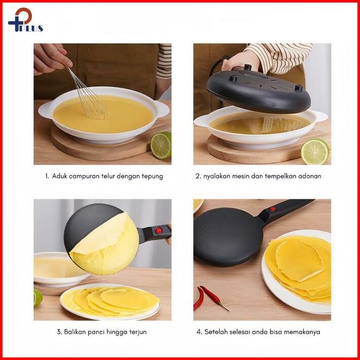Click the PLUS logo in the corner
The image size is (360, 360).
[25, 20]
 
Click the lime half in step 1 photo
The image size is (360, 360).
[161, 146]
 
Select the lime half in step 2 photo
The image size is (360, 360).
[315, 152]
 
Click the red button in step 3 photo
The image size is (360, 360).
[158, 230]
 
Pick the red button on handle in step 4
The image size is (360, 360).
[272, 209]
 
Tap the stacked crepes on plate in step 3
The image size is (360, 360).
[110, 300]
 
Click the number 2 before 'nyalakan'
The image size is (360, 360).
[198, 176]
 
